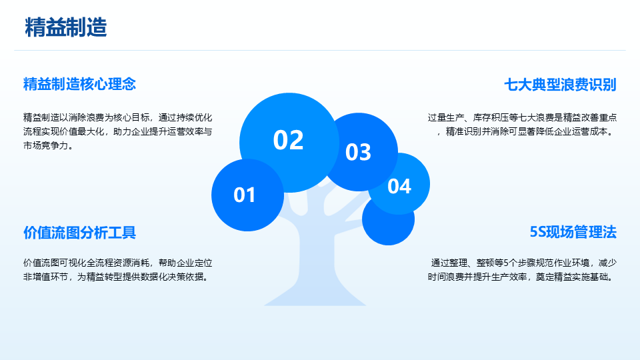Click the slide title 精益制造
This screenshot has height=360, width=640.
point(66,27)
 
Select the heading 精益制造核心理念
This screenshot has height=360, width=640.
point(79,84)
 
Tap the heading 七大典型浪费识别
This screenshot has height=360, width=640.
point(560,85)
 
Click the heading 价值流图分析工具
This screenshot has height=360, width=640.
point(79,232)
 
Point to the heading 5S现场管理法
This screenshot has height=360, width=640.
point(573,232)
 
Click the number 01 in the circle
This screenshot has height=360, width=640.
point(245,195)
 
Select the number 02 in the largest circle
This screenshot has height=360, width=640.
point(288,140)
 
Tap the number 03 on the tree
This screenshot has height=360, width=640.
point(358,152)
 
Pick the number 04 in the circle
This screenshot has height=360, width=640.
point(399,186)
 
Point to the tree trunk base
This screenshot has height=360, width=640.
point(315,296)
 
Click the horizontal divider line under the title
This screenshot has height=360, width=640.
point(320,50)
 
